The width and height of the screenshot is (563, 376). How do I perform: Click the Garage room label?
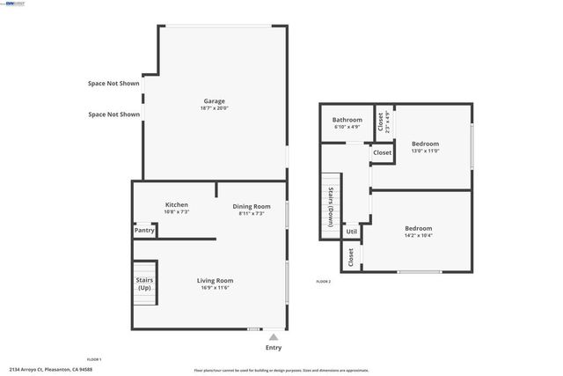click(215, 100)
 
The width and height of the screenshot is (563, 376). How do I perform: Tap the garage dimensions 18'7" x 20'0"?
click(215, 108)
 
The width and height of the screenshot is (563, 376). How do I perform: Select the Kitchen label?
click(177, 204)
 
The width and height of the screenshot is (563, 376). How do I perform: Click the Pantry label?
click(144, 230)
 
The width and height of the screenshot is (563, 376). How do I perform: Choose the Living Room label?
click(215, 280)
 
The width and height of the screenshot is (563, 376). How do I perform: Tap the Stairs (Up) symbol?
click(144, 284)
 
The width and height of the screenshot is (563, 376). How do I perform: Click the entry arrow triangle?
click(274, 336)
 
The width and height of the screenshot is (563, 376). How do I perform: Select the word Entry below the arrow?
click(274, 348)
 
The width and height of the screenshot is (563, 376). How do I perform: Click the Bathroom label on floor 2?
click(347, 120)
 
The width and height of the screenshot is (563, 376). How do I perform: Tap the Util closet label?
click(351, 232)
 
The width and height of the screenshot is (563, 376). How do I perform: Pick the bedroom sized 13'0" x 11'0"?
click(425, 146)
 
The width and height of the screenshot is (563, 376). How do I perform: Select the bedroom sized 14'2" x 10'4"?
click(417, 232)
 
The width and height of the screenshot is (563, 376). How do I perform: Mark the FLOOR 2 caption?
click(324, 282)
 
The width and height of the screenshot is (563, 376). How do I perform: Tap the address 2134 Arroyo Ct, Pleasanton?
click(50, 369)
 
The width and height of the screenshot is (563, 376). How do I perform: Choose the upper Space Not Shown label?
click(113, 84)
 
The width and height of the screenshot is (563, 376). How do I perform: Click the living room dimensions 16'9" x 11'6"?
click(215, 288)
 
